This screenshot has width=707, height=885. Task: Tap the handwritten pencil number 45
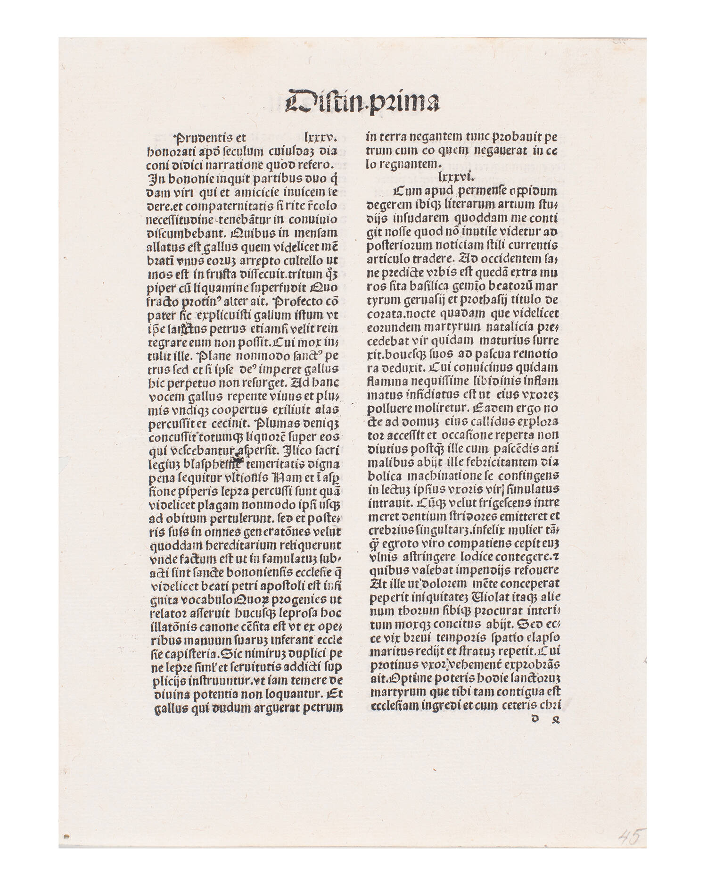tap(629, 837)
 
